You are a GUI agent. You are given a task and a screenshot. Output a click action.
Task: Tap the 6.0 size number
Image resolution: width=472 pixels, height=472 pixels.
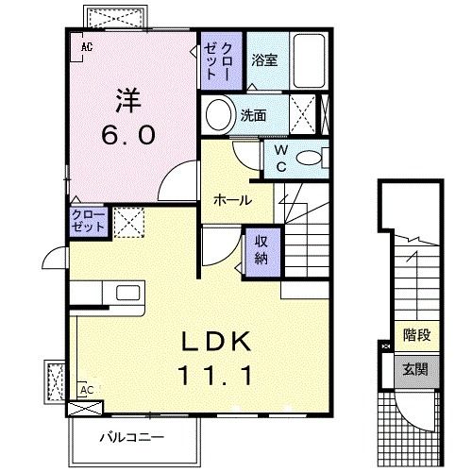128,135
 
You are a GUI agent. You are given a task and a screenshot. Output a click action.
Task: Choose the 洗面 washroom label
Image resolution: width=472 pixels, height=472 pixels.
253,116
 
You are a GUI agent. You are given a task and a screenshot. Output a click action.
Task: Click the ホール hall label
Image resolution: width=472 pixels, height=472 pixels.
231,200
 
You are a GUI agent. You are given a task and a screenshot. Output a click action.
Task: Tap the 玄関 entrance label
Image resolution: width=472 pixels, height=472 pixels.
414,369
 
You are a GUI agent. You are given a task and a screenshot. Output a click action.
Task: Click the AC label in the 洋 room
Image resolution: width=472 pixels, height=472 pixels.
86,45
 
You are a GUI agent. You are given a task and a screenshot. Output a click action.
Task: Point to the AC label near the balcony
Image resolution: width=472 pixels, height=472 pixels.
85,389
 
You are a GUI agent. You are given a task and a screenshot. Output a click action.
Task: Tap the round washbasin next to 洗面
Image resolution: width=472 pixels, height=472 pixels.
219,115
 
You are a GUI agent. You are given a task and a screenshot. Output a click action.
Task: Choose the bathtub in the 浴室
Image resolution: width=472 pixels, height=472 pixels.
308,59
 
